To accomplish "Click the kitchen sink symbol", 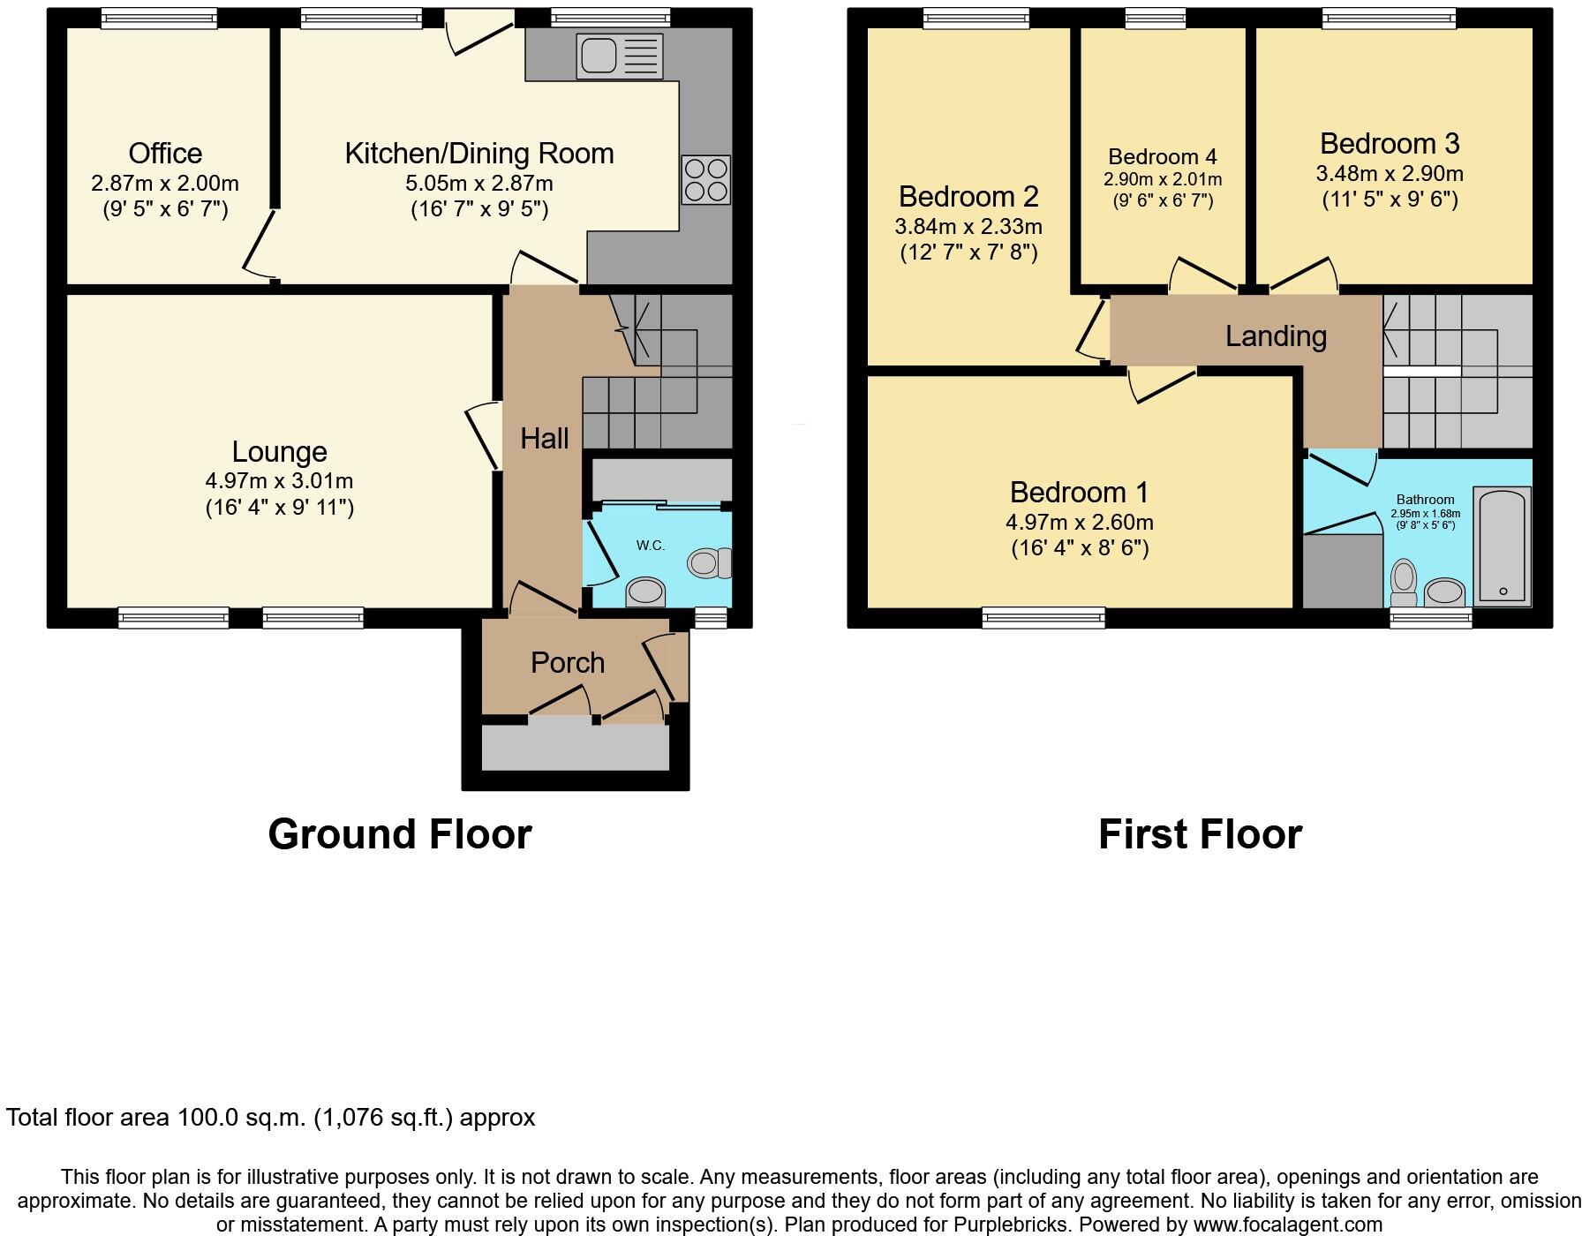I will pyautogui.click(x=619, y=56).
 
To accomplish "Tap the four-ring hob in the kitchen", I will pyautogui.click(x=705, y=179).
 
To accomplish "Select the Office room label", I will pyautogui.click(x=165, y=154).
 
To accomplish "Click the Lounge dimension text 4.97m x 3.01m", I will pyautogui.click(x=279, y=481).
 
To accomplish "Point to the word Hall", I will pyautogui.click(x=544, y=439).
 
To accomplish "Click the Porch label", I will pyautogui.click(x=568, y=663).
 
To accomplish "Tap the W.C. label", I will pyautogui.click(x=651, y=546).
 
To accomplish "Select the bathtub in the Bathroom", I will pyautogui.click(x=1503, y=547).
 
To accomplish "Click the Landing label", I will pyautogui.click(x=1276, y=336).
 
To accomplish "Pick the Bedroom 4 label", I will pyautogui.click(x=1162, y=157).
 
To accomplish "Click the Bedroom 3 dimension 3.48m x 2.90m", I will pyautogui.click(x=1389, y=174).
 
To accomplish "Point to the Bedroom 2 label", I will pyautogui.click(x=968, y=196).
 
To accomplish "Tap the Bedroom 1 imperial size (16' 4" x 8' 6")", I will pyautogui.click(x=1080, y=548).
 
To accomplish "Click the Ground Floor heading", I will pyautogui.click(x=400, y=834).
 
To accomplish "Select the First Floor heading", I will pyautogui.click(x=1200, y=834).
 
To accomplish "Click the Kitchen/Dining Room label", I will pyautogui.click(x=478, y=154).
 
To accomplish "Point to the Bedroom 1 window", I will pyautogui.click(x=1043, y=617).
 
